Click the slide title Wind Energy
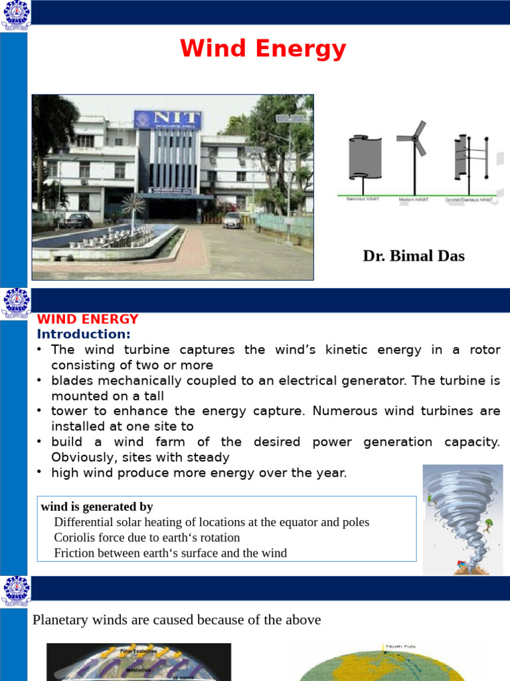(x=263, y=49)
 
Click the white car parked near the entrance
(x=233, y=220)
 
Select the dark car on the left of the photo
(x=79, y=220)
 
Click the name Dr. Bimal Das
(x=413, y=256)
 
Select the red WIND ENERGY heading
(x=87, y=319)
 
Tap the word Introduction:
(x=84, y=334)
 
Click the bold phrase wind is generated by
(x=97, y=507)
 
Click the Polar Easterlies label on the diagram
(x=137, y=651)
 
